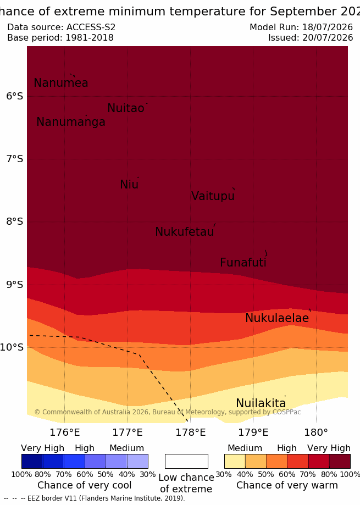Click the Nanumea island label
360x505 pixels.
61,83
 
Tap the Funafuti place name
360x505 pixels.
243,263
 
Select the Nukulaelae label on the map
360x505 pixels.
277,318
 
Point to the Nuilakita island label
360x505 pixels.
261,403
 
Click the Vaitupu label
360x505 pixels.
213,196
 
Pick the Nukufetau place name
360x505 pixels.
185,231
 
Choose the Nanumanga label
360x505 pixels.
71,122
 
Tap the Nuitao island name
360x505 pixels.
126,108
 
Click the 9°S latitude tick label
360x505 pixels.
15,285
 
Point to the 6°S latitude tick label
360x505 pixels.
15,96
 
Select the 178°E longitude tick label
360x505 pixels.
191,432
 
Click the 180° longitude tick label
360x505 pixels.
316,432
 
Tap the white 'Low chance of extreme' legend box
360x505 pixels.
186,461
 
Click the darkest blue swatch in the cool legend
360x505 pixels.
32,461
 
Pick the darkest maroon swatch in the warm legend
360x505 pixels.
340,461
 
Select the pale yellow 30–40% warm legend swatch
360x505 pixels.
235,461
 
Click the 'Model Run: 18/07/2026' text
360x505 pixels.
301,27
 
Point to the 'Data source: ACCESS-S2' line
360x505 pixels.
61,27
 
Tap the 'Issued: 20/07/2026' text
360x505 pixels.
311,38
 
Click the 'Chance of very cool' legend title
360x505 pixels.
84,485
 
